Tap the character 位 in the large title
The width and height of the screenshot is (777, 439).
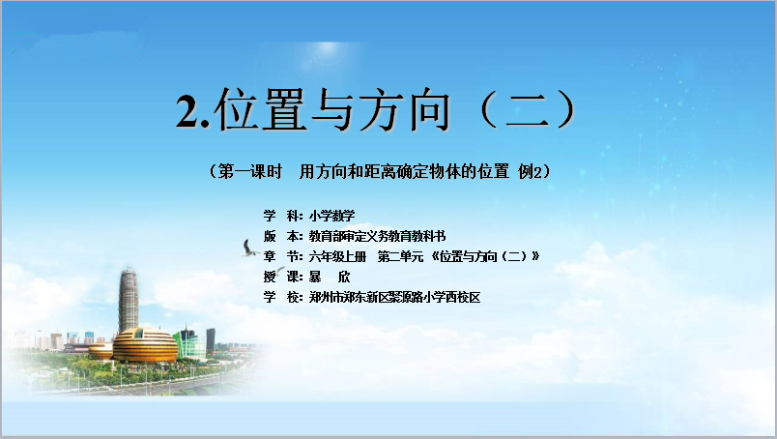tap(238, 109)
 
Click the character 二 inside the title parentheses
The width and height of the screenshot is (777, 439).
tap(528, 110)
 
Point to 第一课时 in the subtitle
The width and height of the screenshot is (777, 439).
tap(250, 171)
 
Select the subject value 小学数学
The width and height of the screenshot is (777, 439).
tap(332, 216)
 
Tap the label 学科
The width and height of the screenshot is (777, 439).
tap(281, 216)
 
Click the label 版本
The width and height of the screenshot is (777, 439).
tap(281, 236)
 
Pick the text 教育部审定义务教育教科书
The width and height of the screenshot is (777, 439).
tap(377, 236)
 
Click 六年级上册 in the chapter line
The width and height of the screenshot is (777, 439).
tap(337, 256)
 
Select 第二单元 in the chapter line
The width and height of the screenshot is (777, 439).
tap(400, 256)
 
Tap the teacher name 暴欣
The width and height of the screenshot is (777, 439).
tap(330, 277)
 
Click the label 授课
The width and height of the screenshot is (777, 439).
tap(281, 277)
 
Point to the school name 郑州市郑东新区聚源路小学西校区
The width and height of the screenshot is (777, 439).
tap(395, 297)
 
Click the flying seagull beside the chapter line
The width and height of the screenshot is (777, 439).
tap(249, 249)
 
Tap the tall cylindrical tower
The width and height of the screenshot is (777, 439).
tap(129, 301)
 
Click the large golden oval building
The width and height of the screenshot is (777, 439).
tap(145, 345)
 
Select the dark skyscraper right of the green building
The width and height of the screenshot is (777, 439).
tap(211, 339)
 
